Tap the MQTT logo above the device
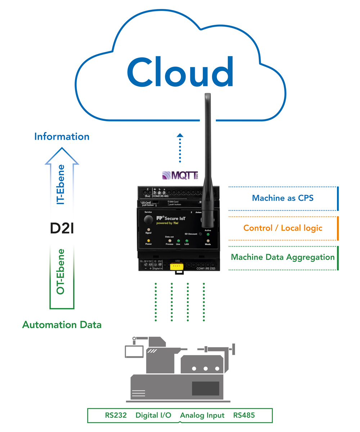180,176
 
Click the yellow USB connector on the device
176,266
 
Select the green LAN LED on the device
187,240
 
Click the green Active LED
208,234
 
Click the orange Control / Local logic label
283,228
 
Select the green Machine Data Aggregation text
283,257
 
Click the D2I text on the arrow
62,228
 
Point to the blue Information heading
62,137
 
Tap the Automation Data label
62,325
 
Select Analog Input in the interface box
202,415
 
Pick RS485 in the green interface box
244,415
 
